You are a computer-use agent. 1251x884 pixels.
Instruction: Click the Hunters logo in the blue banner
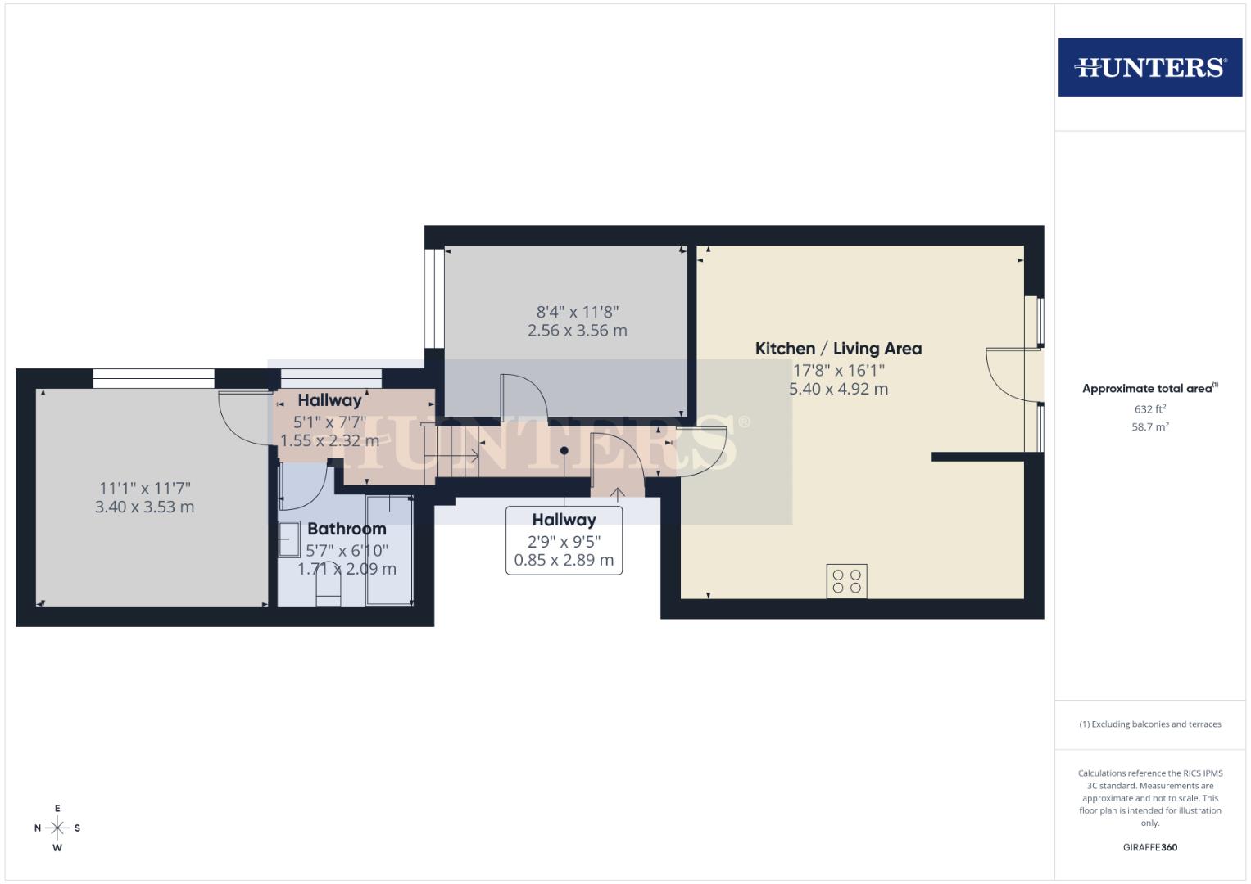1149,67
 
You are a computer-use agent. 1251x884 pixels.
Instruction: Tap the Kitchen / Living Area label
838,349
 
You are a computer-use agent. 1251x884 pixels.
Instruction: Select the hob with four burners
846,581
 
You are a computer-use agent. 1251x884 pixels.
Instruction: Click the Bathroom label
347,529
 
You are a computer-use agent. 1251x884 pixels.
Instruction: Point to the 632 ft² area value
1149,408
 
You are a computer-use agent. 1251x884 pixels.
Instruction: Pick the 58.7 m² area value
1149,426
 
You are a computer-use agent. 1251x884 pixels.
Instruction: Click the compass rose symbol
57,828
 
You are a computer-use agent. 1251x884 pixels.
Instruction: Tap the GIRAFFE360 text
1149,847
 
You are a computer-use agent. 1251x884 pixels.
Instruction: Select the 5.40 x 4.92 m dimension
838,389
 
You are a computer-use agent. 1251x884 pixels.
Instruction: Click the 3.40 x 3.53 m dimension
144,507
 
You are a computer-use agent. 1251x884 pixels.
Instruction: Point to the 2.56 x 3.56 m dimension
577,331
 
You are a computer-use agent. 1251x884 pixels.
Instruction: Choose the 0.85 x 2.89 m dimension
564,561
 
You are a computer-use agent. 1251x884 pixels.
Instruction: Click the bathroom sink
290,540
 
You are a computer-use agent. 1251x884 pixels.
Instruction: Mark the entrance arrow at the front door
617,493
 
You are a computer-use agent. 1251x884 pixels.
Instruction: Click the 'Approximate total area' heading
1149,389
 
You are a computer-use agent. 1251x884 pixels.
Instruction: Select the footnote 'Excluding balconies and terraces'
1149,724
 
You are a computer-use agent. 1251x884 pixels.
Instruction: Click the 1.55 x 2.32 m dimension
329,441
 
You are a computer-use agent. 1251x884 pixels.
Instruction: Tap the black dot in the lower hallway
564,450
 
